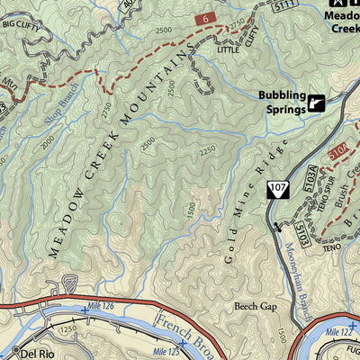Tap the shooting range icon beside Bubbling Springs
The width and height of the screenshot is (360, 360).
point(316,104)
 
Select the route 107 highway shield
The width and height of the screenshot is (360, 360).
point(277,188)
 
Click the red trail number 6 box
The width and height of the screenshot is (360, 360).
point(206,18)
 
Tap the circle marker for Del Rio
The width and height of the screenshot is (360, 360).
point(15,352)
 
